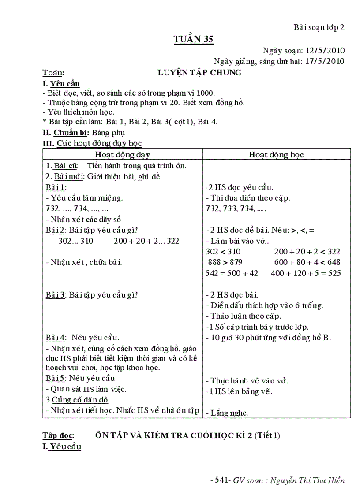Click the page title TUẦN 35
pyautogui.click(x=193, y=40)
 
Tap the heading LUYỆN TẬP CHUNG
pyautogui.click(x=199, y=73)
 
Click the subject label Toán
pyautogui.click(x=53, y=73)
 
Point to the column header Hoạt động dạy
pyautogui.click(x=123, y=154)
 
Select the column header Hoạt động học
pyautogui.click(x=276, y=154)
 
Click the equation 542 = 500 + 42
pyautogui.click(x=231, y=273)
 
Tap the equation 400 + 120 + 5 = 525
pyautogui.click(x=306, y=273)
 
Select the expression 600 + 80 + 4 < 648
pyautogui.click(x=307, y=262)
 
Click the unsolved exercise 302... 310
pyautogui.click(x=76, y=241)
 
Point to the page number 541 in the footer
pyautogui.click(x=220, y=480)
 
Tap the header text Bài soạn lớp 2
pyautogui.click(x=319, y=27)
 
